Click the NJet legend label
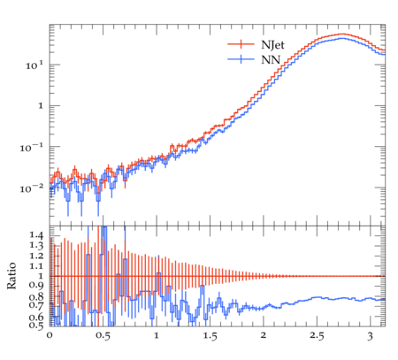[x=272, y=45]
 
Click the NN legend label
[x=271, y=60]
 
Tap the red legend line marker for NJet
[x=241, y=44]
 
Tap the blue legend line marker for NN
[x=241, y=59]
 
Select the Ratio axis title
[x=11, y=276]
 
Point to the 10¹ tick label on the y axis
[x=34, y=65]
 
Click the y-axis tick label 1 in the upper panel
[x=41, y=106]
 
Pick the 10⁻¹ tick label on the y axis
[x=32, y=147]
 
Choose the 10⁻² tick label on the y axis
[x=32, y=188]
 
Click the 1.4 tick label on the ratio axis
[x=36, y=235]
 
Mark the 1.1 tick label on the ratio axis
[x=36, y=266]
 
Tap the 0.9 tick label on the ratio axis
[x=36, y=286]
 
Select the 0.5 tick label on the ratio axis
[x=36, y=325]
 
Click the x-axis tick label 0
[x=50, y=335]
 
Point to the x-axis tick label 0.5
[x=103, y=336]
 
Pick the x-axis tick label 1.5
[x=210, y=336]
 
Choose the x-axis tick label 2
[x=264, y=335]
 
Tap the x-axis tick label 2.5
[x=317, y=336]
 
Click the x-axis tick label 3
[x=371, y=336]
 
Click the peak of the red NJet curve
[x=342, y=34]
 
